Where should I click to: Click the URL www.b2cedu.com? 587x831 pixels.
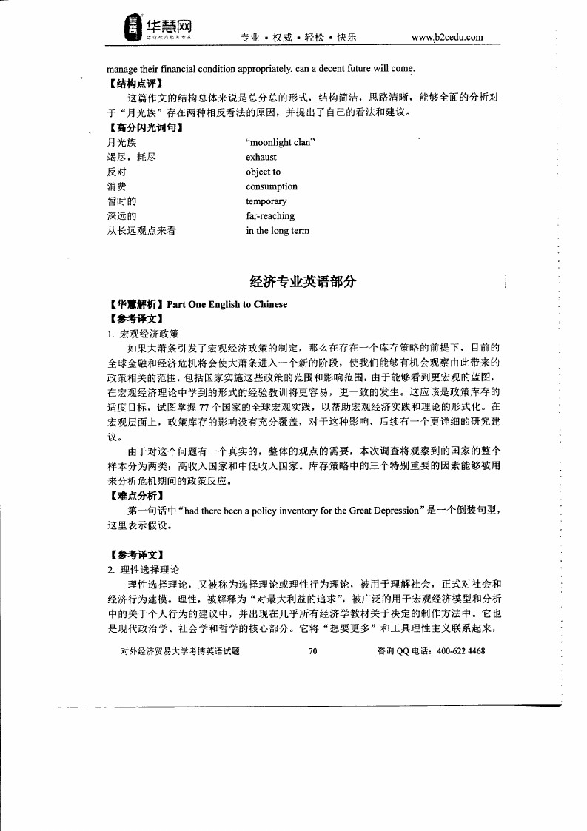pos(447,37)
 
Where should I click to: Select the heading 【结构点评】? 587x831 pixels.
pos(135,83)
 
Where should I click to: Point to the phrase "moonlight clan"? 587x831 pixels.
pos(281,142)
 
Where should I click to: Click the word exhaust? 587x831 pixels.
pos(261,157)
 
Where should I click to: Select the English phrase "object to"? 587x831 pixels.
pos(263,172)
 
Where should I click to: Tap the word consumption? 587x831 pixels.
pos(272,186)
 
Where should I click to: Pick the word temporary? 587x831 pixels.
pos(266,201)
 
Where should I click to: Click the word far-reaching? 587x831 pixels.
pos(270,216)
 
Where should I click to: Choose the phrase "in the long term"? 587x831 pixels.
pos(278,231)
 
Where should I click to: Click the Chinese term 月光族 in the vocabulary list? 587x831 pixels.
pos(121,142)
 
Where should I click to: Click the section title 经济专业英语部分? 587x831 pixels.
pos(303,280)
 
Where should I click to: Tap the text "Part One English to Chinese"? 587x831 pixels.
pos(227,304)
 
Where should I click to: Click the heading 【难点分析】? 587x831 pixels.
pos(135,496)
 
